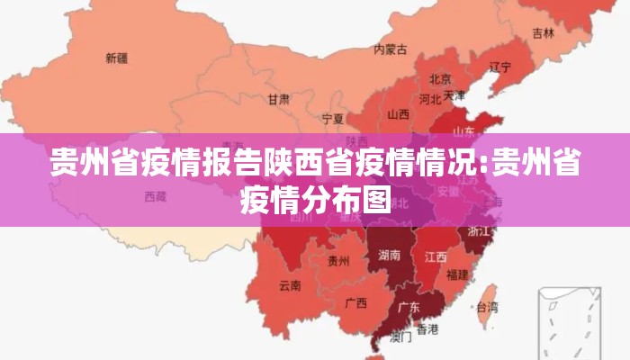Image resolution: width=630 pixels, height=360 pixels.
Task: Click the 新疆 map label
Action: (x=116, y=58)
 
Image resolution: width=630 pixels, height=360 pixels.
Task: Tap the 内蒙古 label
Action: (x=391, y=49)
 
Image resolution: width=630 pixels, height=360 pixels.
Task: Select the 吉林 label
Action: (x=543, y=33)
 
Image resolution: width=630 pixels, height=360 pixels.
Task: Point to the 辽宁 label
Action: (x=499, y=67)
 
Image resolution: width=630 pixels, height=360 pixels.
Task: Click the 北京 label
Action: (x=440, y=78)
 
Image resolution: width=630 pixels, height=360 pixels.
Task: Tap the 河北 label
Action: (x=429, y=99)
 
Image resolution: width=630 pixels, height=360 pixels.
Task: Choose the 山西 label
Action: (x=398, y=114)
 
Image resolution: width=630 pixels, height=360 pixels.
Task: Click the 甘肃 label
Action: (x=278, y=99)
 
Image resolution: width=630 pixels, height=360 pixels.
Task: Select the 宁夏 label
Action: (x=332, y=118)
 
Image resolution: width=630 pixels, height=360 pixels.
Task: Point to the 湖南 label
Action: (x=390, y=256)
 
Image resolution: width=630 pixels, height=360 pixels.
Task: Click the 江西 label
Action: (x=436, y=256)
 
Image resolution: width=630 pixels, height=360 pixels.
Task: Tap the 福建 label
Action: (x=457, y=274)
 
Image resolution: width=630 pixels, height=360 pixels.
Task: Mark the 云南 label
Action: (x=290, y=286)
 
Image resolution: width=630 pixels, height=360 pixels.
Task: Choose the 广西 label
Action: (x=355, y=302)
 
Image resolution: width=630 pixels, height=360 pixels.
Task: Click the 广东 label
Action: (x=409, y=307)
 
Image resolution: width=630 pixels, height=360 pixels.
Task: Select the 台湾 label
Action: (x=486, y=308)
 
